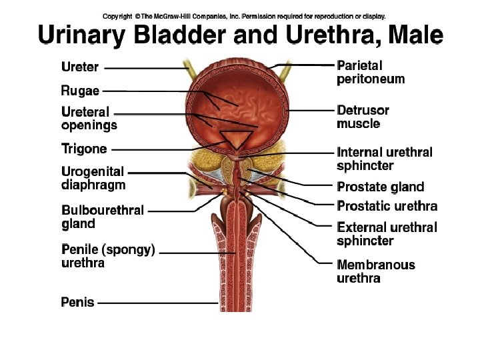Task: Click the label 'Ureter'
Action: click(80, 67)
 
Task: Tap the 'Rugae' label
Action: click(80, 90)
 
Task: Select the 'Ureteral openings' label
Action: click(89, 118)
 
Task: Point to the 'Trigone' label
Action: click(84, 149)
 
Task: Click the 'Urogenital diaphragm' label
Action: click(93, 178)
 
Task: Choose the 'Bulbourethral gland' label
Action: click(103, 217)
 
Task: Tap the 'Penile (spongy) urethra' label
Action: click(108, 256)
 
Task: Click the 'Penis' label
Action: click(77, 302)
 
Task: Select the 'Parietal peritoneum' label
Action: click(371, 72)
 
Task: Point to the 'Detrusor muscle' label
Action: click(363, 117)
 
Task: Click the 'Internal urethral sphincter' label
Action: click(385, 159)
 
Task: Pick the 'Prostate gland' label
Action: click(380, 187)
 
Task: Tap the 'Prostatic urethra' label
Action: click(387, 205)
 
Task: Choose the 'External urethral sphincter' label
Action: click(387, 233)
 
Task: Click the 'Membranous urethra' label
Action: click(375, 271)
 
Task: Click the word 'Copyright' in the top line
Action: click(117, 16)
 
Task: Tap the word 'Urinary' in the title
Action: click(80, 35)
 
